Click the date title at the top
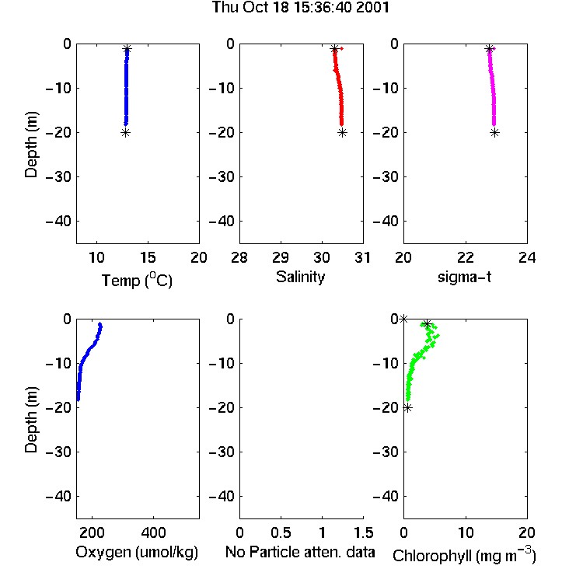coord(300,7)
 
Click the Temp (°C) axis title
coord(137,280)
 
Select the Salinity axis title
coord(300,277)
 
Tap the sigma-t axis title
coord(464,277)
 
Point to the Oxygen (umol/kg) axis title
coord(137,553)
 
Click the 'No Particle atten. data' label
coord(300,552)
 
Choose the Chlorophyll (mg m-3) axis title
coord(464,555)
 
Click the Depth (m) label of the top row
coord(31,145)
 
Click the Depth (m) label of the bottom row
coord(31,420)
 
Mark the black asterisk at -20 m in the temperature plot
coord(126,133)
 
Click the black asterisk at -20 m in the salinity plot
coord(343,133)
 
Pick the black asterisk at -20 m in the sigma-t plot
coord(494,133)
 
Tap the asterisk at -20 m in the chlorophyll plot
coord(408,408)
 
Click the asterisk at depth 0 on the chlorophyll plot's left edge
coord(403,319)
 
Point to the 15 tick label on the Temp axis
coord(148,257)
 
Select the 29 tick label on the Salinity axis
coord(281,257)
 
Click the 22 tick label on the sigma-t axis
coord(466,257)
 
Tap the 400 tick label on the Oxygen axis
coord(154,532)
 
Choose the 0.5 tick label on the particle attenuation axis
coord(281,532)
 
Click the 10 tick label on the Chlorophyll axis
coord(466,532)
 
